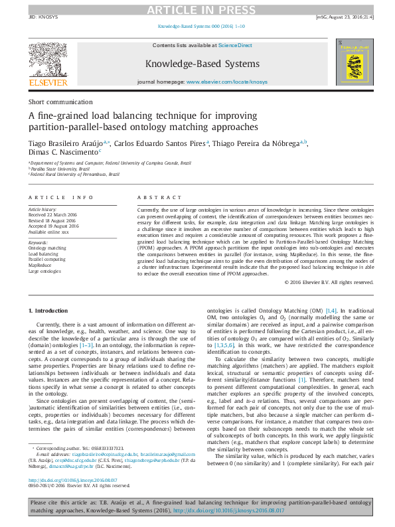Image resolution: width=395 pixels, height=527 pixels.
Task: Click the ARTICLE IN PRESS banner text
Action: point(198,9)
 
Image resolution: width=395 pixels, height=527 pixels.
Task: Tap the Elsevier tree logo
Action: point(47,63)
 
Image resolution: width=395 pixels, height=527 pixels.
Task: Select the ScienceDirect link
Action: point(235,45)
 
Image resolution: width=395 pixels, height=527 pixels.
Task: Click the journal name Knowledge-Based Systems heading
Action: point(202,64)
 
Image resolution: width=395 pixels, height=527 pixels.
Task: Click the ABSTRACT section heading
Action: point(158,198)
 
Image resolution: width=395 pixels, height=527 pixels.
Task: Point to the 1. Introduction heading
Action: point(50,311)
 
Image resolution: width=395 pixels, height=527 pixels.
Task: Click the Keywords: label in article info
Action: point(38,242)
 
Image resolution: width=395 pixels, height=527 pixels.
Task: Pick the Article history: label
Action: point(43,208)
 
